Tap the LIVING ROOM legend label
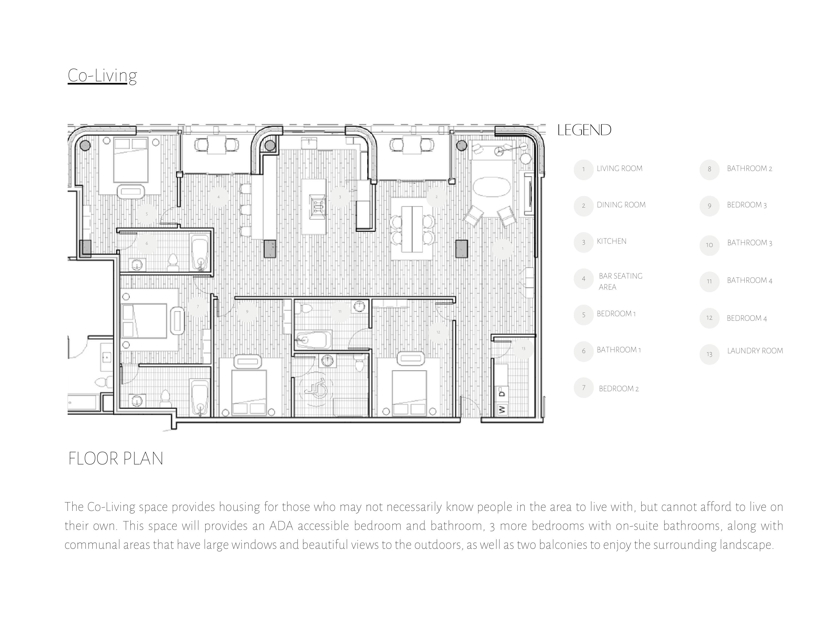(x=619, y=169)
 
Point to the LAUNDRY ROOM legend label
(x=755, y=351)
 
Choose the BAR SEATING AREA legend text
(x=620, y=281)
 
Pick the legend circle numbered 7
(x=584, y=388)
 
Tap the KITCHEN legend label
(x=611, y=241)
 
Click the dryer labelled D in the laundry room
(x=502, y=392)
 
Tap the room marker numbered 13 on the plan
(x=523, y=349)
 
